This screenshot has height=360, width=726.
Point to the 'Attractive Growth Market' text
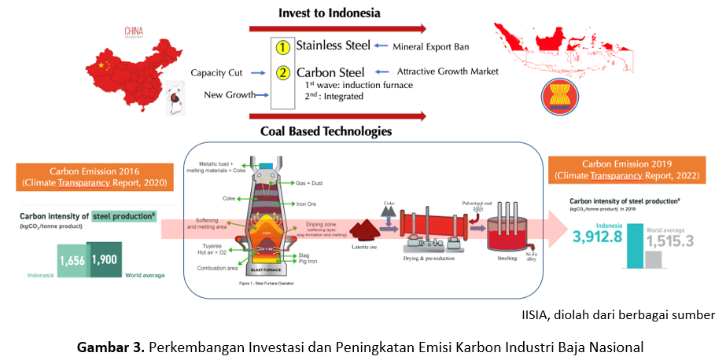[x=448, y=72]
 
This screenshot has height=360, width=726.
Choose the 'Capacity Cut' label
[x=216, y=73]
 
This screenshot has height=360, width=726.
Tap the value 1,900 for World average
[x=104, y=260]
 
